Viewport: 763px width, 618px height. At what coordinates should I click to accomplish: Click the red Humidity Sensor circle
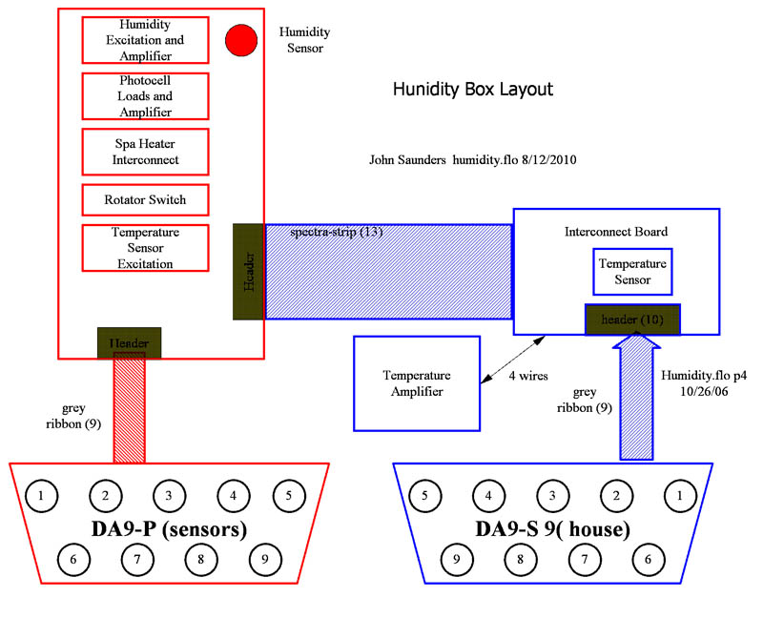242,39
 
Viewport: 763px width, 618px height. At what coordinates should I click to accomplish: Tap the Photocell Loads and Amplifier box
145,95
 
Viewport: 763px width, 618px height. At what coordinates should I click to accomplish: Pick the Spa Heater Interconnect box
145,152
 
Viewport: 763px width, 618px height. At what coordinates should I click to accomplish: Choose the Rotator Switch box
145,200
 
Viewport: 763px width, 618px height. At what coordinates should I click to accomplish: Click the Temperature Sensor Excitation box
145,248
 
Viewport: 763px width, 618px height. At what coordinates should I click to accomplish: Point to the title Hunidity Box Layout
472,90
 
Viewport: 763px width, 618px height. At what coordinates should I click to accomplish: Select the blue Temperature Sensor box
632,272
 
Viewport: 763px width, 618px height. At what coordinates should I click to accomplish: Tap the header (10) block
631,319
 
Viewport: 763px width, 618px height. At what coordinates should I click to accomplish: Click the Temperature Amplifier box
416,382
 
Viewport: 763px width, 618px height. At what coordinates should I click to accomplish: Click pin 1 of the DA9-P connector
41,495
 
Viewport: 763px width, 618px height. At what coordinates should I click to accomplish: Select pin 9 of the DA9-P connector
264,558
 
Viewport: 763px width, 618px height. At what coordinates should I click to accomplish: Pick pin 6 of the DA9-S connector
648,558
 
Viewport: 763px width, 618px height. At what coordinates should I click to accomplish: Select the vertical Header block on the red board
248,271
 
